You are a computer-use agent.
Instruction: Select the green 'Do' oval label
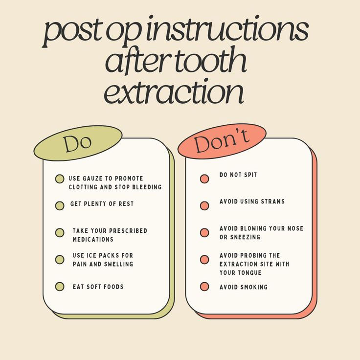click(78, 143)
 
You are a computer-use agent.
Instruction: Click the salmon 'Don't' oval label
click(222, 141)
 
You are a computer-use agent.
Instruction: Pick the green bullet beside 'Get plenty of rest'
click(60, 206)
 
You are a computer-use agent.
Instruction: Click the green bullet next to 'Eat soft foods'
click(60, 287)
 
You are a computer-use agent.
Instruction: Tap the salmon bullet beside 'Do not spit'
click(204, 179)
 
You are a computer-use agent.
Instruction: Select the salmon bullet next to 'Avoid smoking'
click(204, 287)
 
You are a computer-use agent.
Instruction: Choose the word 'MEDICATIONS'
click(93, 240)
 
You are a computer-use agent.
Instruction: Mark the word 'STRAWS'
click(274, 202)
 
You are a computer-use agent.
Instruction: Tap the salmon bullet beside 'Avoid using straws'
click(204, 206)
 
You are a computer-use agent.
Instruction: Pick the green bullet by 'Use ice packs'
click(60, 260)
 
